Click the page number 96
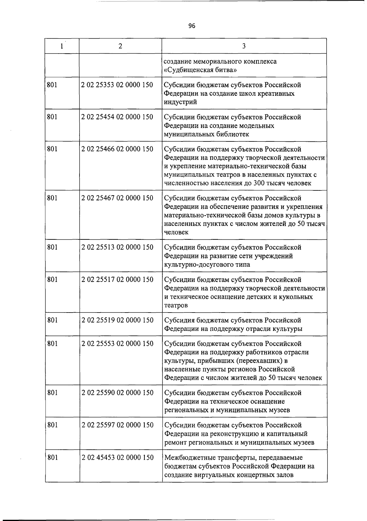point(192,26)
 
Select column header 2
point(120,46)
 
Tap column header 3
point(244,46)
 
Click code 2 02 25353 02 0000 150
point(117,85)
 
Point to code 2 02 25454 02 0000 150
point(117,117)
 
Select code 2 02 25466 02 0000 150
point(117,149)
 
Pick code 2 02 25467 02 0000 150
point(117,198)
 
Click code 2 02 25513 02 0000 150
point(117,247)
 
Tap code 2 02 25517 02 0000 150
point(117,279)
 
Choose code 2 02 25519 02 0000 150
point(117,320)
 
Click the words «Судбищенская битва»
point(201,70)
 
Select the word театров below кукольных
point(176,305)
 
